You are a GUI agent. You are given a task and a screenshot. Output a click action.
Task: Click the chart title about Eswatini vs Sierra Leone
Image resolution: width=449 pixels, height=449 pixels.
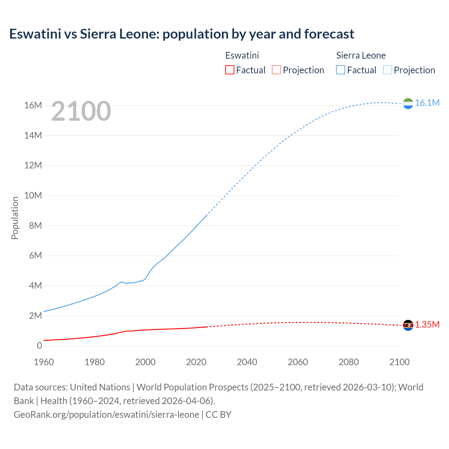pos(181,34)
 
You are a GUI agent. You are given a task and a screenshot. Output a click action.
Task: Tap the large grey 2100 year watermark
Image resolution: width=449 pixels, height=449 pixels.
pos(81,111)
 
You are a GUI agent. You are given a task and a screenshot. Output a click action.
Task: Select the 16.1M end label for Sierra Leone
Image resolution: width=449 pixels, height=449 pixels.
pos(427,103)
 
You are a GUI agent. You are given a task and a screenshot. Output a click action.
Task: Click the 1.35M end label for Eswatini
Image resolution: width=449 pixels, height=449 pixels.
pos(427,324)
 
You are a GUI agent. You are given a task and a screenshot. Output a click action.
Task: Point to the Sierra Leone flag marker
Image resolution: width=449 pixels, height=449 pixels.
pos(408,103)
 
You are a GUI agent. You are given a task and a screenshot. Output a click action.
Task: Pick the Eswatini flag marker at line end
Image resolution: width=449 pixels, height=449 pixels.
pos(408,326)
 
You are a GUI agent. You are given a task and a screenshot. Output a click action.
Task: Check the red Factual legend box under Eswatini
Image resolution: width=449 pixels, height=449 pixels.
pos(229,70)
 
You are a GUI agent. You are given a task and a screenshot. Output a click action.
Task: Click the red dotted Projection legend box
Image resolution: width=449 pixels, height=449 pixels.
pos(276,70)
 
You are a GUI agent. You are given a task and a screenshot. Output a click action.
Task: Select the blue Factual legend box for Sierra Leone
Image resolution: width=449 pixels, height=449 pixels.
pos(341,70)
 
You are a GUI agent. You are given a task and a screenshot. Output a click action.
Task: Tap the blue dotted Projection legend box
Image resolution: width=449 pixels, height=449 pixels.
pos(387,70)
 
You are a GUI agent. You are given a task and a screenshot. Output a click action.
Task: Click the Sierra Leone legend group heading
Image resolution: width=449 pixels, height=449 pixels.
pos(361,55)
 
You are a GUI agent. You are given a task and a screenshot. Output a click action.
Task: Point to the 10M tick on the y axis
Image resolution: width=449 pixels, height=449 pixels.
pos(33,195)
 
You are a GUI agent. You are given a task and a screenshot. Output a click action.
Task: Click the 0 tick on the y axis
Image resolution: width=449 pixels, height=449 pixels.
pos(39,346)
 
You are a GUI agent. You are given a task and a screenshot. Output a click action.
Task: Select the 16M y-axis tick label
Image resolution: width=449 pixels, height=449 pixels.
pos(33,105)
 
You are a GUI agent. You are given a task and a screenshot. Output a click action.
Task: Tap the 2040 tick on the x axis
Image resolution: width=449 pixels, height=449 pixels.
pos(247,362)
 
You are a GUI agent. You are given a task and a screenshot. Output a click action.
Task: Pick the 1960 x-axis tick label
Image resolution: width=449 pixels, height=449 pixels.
pos(44,362)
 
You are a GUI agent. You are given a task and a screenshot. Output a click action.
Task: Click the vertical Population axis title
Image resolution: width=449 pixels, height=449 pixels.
pos(15,218)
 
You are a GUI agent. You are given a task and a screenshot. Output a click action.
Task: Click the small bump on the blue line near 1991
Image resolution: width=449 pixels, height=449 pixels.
pos(122,282)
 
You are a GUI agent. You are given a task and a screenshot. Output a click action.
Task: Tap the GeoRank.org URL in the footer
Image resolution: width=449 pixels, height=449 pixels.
pos(106,415)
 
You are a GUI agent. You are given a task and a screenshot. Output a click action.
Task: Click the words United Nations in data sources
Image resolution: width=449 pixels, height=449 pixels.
pos(100,387)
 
